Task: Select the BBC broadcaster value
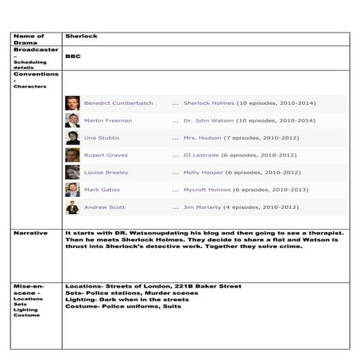click(x=72, y=56)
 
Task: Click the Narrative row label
click(x=31, y=233)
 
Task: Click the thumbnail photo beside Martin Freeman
click(x=72, y=121)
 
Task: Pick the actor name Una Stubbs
click(x=101, y=138)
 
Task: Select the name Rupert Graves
click(x=106, y=155)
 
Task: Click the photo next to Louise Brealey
click(x=72, y=172)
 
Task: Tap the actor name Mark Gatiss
click(x=103, y=190)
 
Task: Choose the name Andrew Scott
click(x=105, y=207)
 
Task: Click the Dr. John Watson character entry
click(x=211, y=121)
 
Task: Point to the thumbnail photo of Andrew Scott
click(x=72, y=207)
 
